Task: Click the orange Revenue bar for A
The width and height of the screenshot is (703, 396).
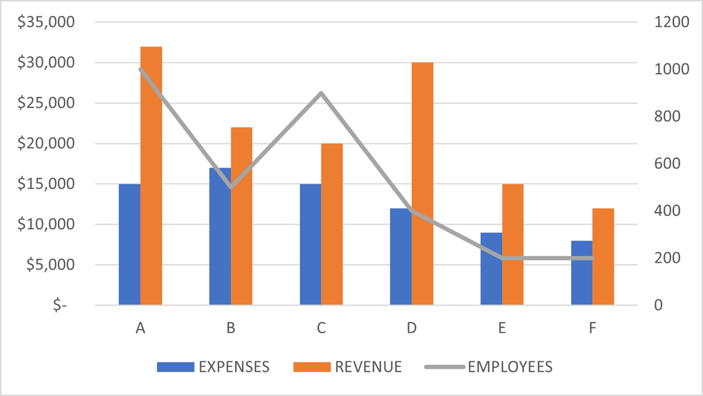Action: [x=151, y=176]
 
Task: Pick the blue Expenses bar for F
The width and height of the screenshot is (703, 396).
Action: [x=582, y=273]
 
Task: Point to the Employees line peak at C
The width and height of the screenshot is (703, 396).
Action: [x=321, y=93]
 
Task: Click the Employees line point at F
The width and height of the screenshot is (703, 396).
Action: [x=592, y=258]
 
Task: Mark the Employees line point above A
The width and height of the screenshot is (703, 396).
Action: [x=141, y=69]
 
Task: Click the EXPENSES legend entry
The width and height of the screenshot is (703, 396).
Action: [x=214, y=367]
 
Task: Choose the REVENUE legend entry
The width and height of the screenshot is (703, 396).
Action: [x=348, y=367]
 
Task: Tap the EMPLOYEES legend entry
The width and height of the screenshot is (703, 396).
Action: [x=489, y=367]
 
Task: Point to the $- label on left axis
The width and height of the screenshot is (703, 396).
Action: [x=60, y=306]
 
